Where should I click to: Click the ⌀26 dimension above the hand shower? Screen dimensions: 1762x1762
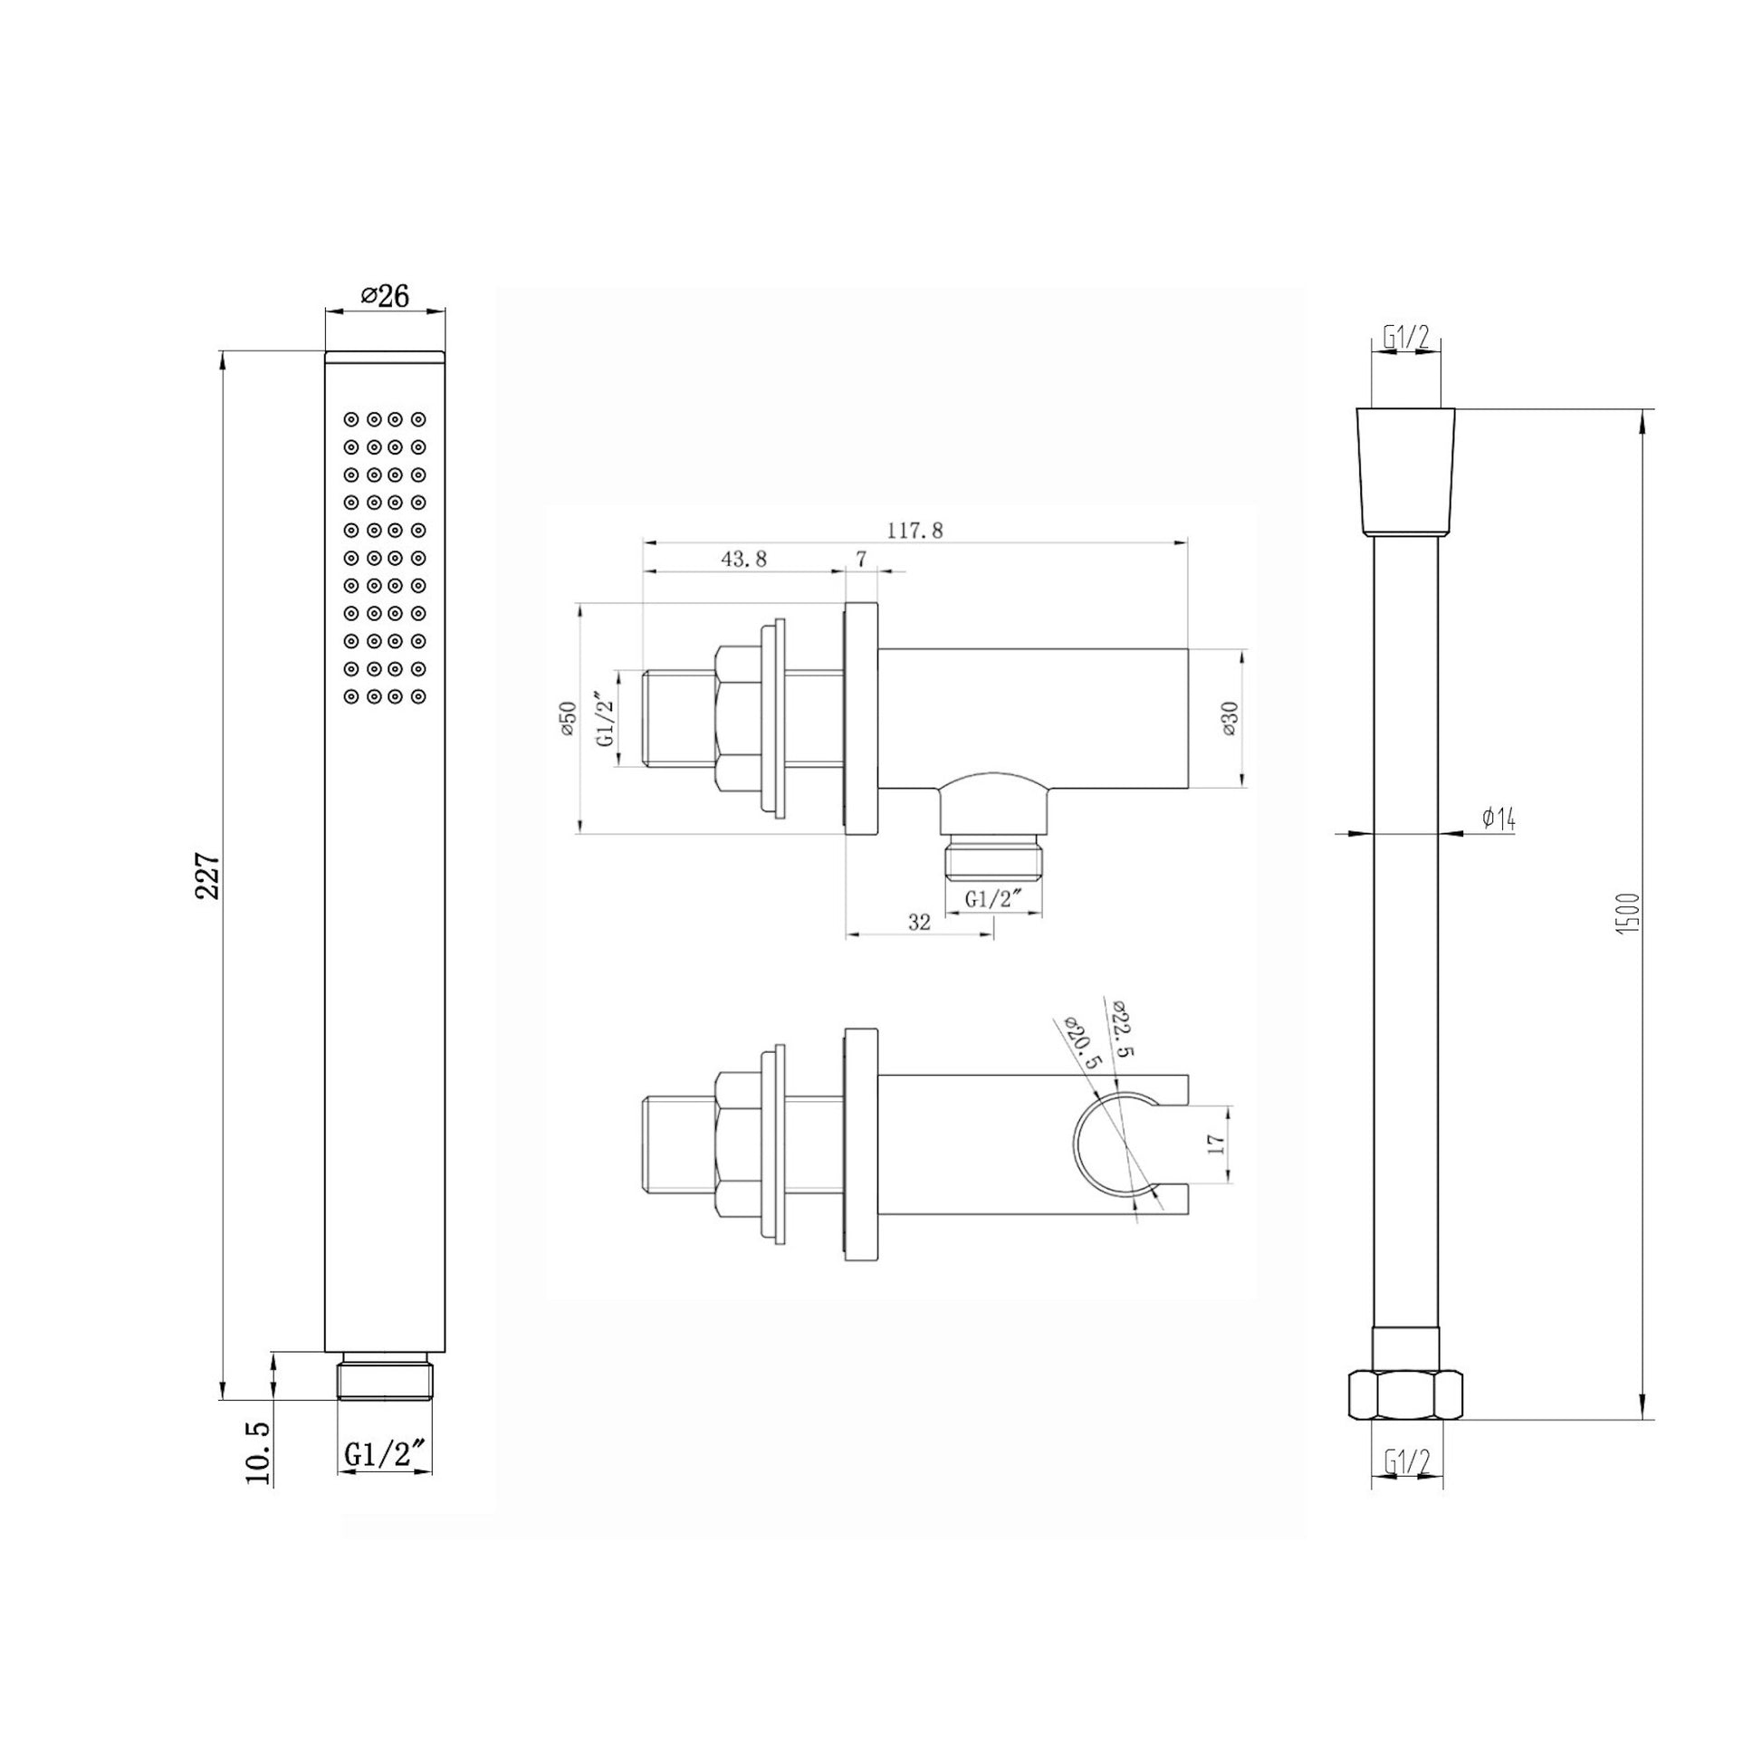click(x=385, y=295)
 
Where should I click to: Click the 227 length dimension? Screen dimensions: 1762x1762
click(x=208, y=876)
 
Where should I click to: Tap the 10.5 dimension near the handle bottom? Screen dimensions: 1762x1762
click(x=259, y=1452)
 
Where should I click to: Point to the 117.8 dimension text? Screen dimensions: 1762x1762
click(x=914, y=530)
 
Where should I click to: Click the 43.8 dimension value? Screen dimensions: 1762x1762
click(x=744, y=559)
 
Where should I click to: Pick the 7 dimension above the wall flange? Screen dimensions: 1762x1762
click(x=861, y=559)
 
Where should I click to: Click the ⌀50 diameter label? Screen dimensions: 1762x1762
click(x=569, y=720)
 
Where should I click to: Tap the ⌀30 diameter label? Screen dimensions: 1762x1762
click(x=1230, y=719)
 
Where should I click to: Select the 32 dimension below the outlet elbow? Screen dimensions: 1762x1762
click(x=919, y=922)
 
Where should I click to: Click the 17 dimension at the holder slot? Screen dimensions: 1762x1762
click(x=1215, y=1144)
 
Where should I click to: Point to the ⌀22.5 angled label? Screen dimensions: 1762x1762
click(x=1123, y=1027)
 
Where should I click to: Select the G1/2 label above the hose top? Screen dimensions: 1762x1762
click(x=1405, y=337)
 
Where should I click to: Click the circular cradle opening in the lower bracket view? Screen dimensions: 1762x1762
click(x=1111, y=1143)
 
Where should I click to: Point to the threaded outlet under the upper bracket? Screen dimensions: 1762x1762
click(x=992, y=857)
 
